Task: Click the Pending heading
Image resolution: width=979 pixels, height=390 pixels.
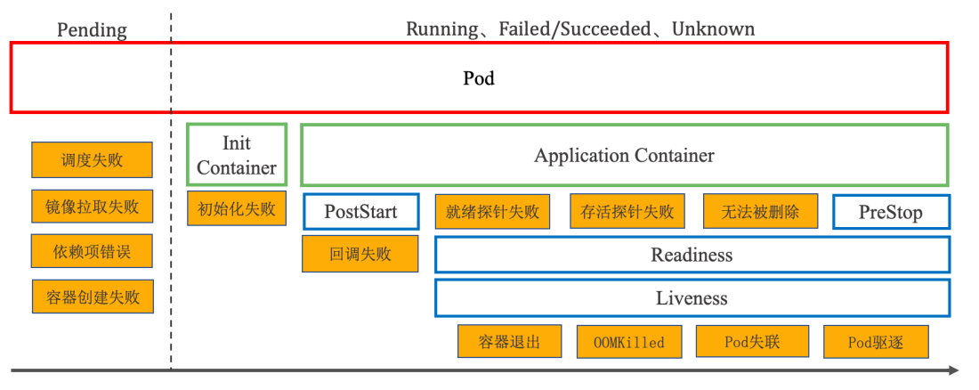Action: pyautogui.click(x=92, y=29)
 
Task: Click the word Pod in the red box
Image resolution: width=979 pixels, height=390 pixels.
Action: pyautogui.click(x=479, y=78)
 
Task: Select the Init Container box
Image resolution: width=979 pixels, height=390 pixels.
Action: pyautogui.click(x=237, y=155)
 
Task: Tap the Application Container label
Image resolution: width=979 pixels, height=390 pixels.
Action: pyautogui.click(x=624, y=156)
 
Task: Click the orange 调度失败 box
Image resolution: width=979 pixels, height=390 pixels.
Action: pyautogui.click(x=92, y=160)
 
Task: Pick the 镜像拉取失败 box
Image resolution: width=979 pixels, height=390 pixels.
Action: pyautogui.click(x=93, y=207)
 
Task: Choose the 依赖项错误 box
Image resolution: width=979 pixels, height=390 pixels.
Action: pyautogui.click(x=92, y=251)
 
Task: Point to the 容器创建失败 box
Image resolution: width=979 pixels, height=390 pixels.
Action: pyautogui.click(x=93, y=297)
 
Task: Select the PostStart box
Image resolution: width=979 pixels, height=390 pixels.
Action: pyautogui.click(x=360, y=212)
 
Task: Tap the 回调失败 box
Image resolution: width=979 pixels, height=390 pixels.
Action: pyautogui.click(x=360, y=254)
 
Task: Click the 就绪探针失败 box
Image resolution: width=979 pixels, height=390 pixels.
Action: pyautogui.click(x=492, y=212)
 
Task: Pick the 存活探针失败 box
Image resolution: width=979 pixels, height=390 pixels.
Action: pyautogui.click(x=627, y=212)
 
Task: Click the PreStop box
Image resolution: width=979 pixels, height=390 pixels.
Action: pyautogui.click(x=891, y=212)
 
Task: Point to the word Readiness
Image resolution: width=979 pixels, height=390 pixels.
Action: pyautogui.click(x=692, y=255)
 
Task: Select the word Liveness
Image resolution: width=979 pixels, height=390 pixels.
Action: pyautogui.click(x=692, y=298)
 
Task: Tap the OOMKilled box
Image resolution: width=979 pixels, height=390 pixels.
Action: pyautogui.click(x=628, y=342)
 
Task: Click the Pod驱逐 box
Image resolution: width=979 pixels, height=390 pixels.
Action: pyautogui.click(x=876, y=342)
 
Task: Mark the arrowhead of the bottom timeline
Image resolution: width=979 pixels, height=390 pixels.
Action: pyautogui.click(x=954, y=370)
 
